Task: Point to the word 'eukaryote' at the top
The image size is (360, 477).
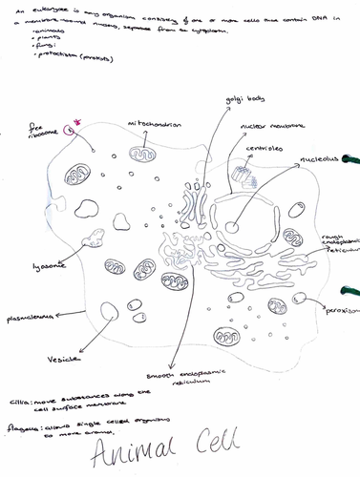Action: click(x=47, y=10)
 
